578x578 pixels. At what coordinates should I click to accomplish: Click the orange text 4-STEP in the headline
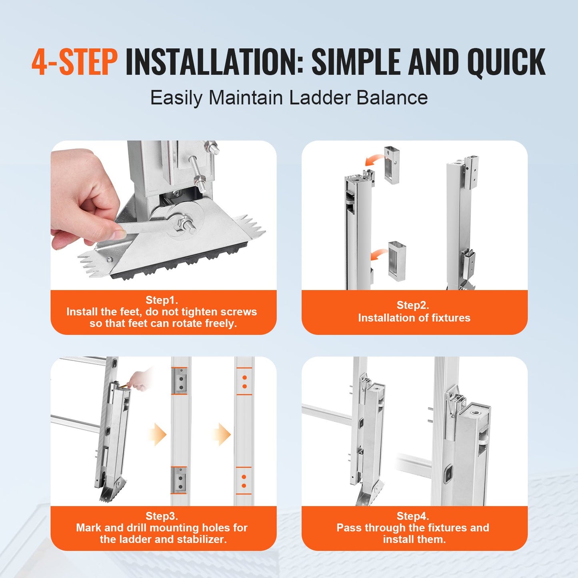(74, 62)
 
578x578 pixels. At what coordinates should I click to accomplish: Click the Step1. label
(162, 300)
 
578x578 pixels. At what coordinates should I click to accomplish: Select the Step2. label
(413, 305)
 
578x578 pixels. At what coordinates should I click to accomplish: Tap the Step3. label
(162, 516)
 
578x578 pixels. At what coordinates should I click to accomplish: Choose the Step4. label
(413, 516)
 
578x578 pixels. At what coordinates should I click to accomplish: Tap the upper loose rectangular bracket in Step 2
(392, 165)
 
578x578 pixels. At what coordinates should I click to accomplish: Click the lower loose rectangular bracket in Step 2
(397, 261)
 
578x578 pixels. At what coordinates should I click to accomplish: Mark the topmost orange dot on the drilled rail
(244, 378)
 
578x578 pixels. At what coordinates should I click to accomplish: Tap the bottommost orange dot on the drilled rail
(244, 486)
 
